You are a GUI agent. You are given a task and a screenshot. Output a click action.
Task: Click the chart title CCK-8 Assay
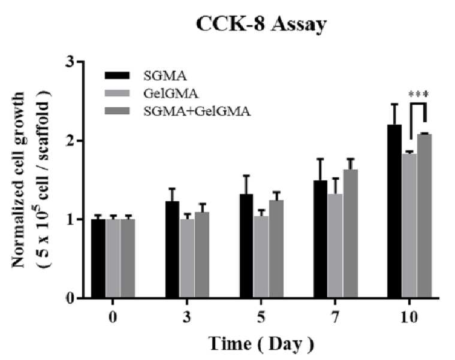pos(261,25)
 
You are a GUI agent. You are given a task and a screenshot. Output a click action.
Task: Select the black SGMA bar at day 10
pos(394,211)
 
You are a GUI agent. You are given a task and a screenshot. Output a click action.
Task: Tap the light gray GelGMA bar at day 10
pos(409,225)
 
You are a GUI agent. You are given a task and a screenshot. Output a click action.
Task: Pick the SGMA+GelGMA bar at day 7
pos(350,234)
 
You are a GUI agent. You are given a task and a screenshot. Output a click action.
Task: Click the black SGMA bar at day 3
pos(173,249)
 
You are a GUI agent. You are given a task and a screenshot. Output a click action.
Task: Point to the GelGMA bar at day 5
pos(261,257)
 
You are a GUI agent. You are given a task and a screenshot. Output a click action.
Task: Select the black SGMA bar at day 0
pos(98,259)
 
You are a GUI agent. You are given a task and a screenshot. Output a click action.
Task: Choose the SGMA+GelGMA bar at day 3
pos(202,255)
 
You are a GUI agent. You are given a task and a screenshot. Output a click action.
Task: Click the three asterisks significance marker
pos(418,94)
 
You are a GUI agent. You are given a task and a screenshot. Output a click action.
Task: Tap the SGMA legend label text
pos(165,76)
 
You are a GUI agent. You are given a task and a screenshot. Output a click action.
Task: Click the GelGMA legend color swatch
pos(117,93)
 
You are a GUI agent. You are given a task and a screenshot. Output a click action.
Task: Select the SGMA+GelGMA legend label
pos(197,111)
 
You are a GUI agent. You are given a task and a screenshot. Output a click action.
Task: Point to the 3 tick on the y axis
pos(81,62)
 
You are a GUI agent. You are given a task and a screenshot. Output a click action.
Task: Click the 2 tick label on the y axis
pos(70,141)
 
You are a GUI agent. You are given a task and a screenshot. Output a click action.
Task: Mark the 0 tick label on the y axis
pos(70,298)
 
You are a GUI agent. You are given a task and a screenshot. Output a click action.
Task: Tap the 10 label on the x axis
pos(409,317)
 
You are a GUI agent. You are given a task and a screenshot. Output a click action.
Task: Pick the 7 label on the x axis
pos(335,317)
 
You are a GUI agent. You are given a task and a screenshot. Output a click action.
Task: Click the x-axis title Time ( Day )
pos(261,344)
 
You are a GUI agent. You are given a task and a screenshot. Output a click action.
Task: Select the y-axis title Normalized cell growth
pos(18,180)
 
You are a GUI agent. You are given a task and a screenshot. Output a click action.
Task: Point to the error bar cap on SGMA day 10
pos(394,104)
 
